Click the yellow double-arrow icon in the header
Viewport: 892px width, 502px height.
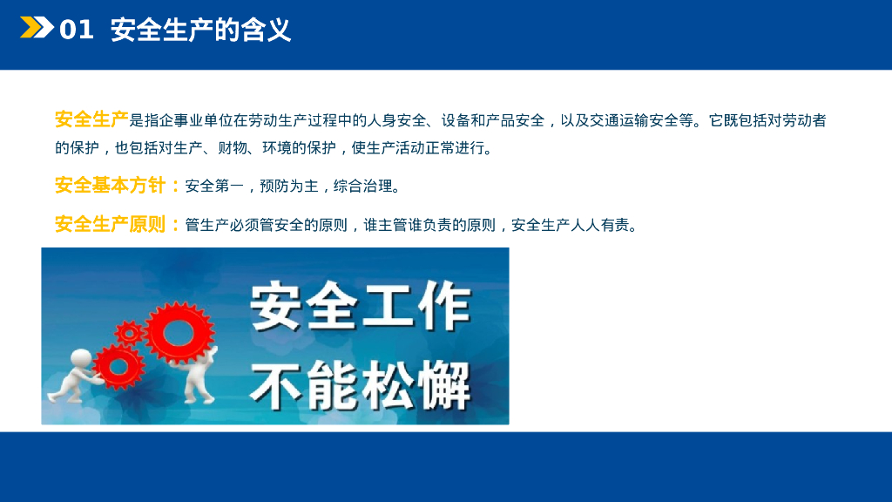[x=37, y=29]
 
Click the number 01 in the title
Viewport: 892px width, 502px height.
[x=77, y=31]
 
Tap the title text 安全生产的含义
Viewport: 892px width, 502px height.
[x=200, y=31]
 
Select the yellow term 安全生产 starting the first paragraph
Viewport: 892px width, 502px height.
[x=91, y=119]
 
